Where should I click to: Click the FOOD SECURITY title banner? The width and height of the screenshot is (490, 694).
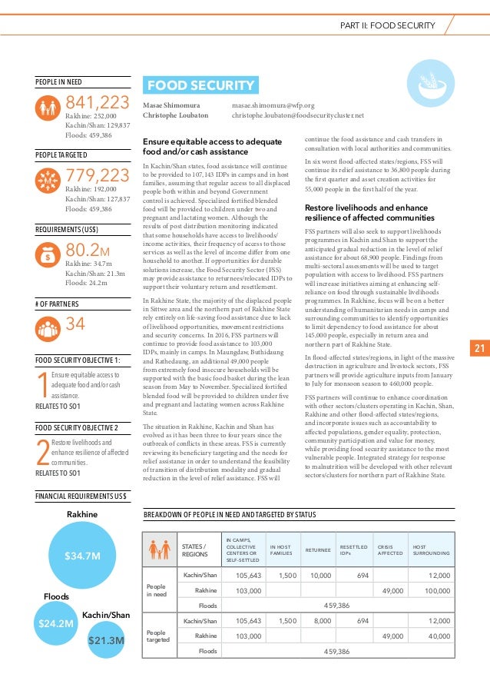click(x=200, y=85)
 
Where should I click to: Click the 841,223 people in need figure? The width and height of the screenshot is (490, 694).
click(x=98, y=102)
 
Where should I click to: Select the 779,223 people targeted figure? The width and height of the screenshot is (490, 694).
click(x=98, y=176)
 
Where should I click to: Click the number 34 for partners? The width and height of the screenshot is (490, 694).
click(x=75, y=324)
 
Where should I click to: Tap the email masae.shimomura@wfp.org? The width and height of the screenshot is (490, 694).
click(x=273, y=105)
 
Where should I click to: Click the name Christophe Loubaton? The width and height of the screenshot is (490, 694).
click(x=177, y=115)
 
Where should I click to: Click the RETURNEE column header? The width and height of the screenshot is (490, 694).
click(x=319, y=550)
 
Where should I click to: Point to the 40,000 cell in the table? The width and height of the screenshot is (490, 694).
click(x=439, y=636)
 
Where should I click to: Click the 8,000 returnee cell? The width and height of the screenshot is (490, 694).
click(x=323, y=620)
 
